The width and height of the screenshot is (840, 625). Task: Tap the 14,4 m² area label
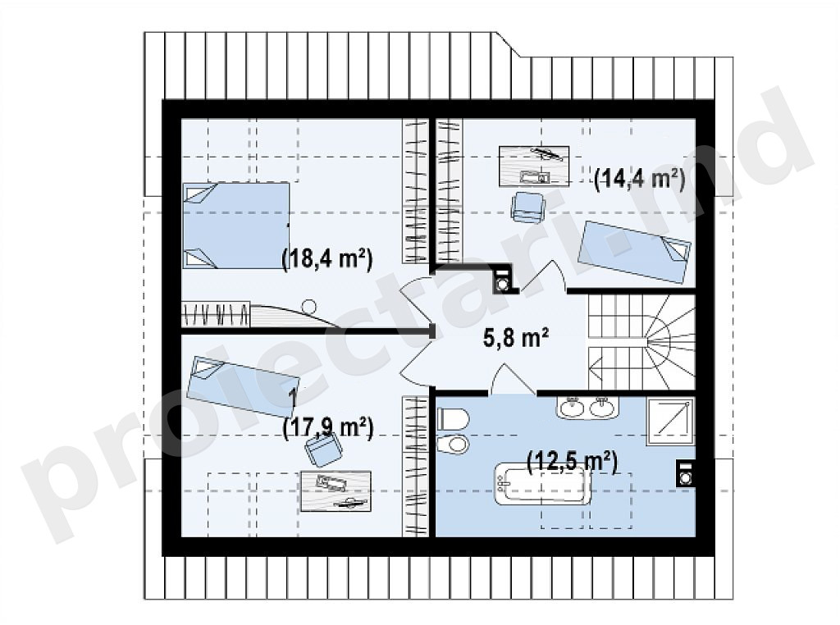tap(640, 179)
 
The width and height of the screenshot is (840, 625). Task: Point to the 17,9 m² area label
tap(327, 428)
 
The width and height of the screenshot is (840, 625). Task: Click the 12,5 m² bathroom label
tap(572, 462)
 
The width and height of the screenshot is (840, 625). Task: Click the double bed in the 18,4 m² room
tap(235, 226)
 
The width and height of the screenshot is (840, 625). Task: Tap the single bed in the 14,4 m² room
tap(636, 251)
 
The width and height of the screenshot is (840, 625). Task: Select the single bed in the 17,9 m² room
tap(243, 386)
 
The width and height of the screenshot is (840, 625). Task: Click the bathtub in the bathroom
tap(542, 484)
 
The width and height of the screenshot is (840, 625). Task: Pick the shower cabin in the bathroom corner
tap(671, 422)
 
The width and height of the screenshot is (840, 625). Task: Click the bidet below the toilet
tap(453, 444)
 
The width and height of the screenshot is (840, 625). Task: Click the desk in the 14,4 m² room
tap(533, 166)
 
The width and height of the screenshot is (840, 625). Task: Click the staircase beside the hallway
tap(641, 342)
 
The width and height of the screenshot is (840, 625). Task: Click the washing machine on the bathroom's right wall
tap(685, 473)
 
